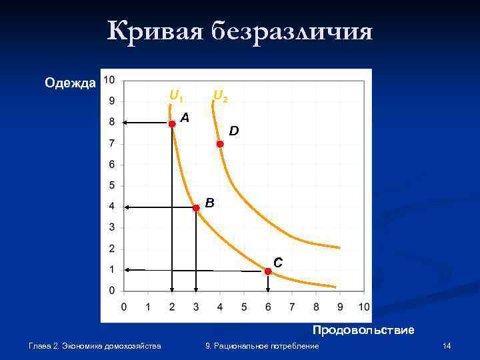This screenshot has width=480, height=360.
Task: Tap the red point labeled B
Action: click(196, 208)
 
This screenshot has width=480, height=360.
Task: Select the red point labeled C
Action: click(267, 271)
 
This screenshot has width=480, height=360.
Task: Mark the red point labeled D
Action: click(219, 144)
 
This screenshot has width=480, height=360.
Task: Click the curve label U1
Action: click(176, 97)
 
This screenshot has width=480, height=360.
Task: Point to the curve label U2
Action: click(221, 97)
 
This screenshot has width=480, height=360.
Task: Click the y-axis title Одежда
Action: click(70, 83)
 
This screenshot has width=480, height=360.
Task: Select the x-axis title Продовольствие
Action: click(363, 330)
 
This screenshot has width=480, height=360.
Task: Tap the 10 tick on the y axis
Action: click(109, 80)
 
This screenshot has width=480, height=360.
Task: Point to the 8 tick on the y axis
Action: click(111, 122)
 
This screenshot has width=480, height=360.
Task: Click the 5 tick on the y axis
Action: click(111, 185)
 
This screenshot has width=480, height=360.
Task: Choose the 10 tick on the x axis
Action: click(364, 307)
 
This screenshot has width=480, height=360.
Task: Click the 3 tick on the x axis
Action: click(196, 307)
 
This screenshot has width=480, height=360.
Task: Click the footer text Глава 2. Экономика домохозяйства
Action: click(95, 346)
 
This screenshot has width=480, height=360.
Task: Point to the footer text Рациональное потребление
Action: click(267, 346)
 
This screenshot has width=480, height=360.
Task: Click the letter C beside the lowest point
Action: click(278, 263)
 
